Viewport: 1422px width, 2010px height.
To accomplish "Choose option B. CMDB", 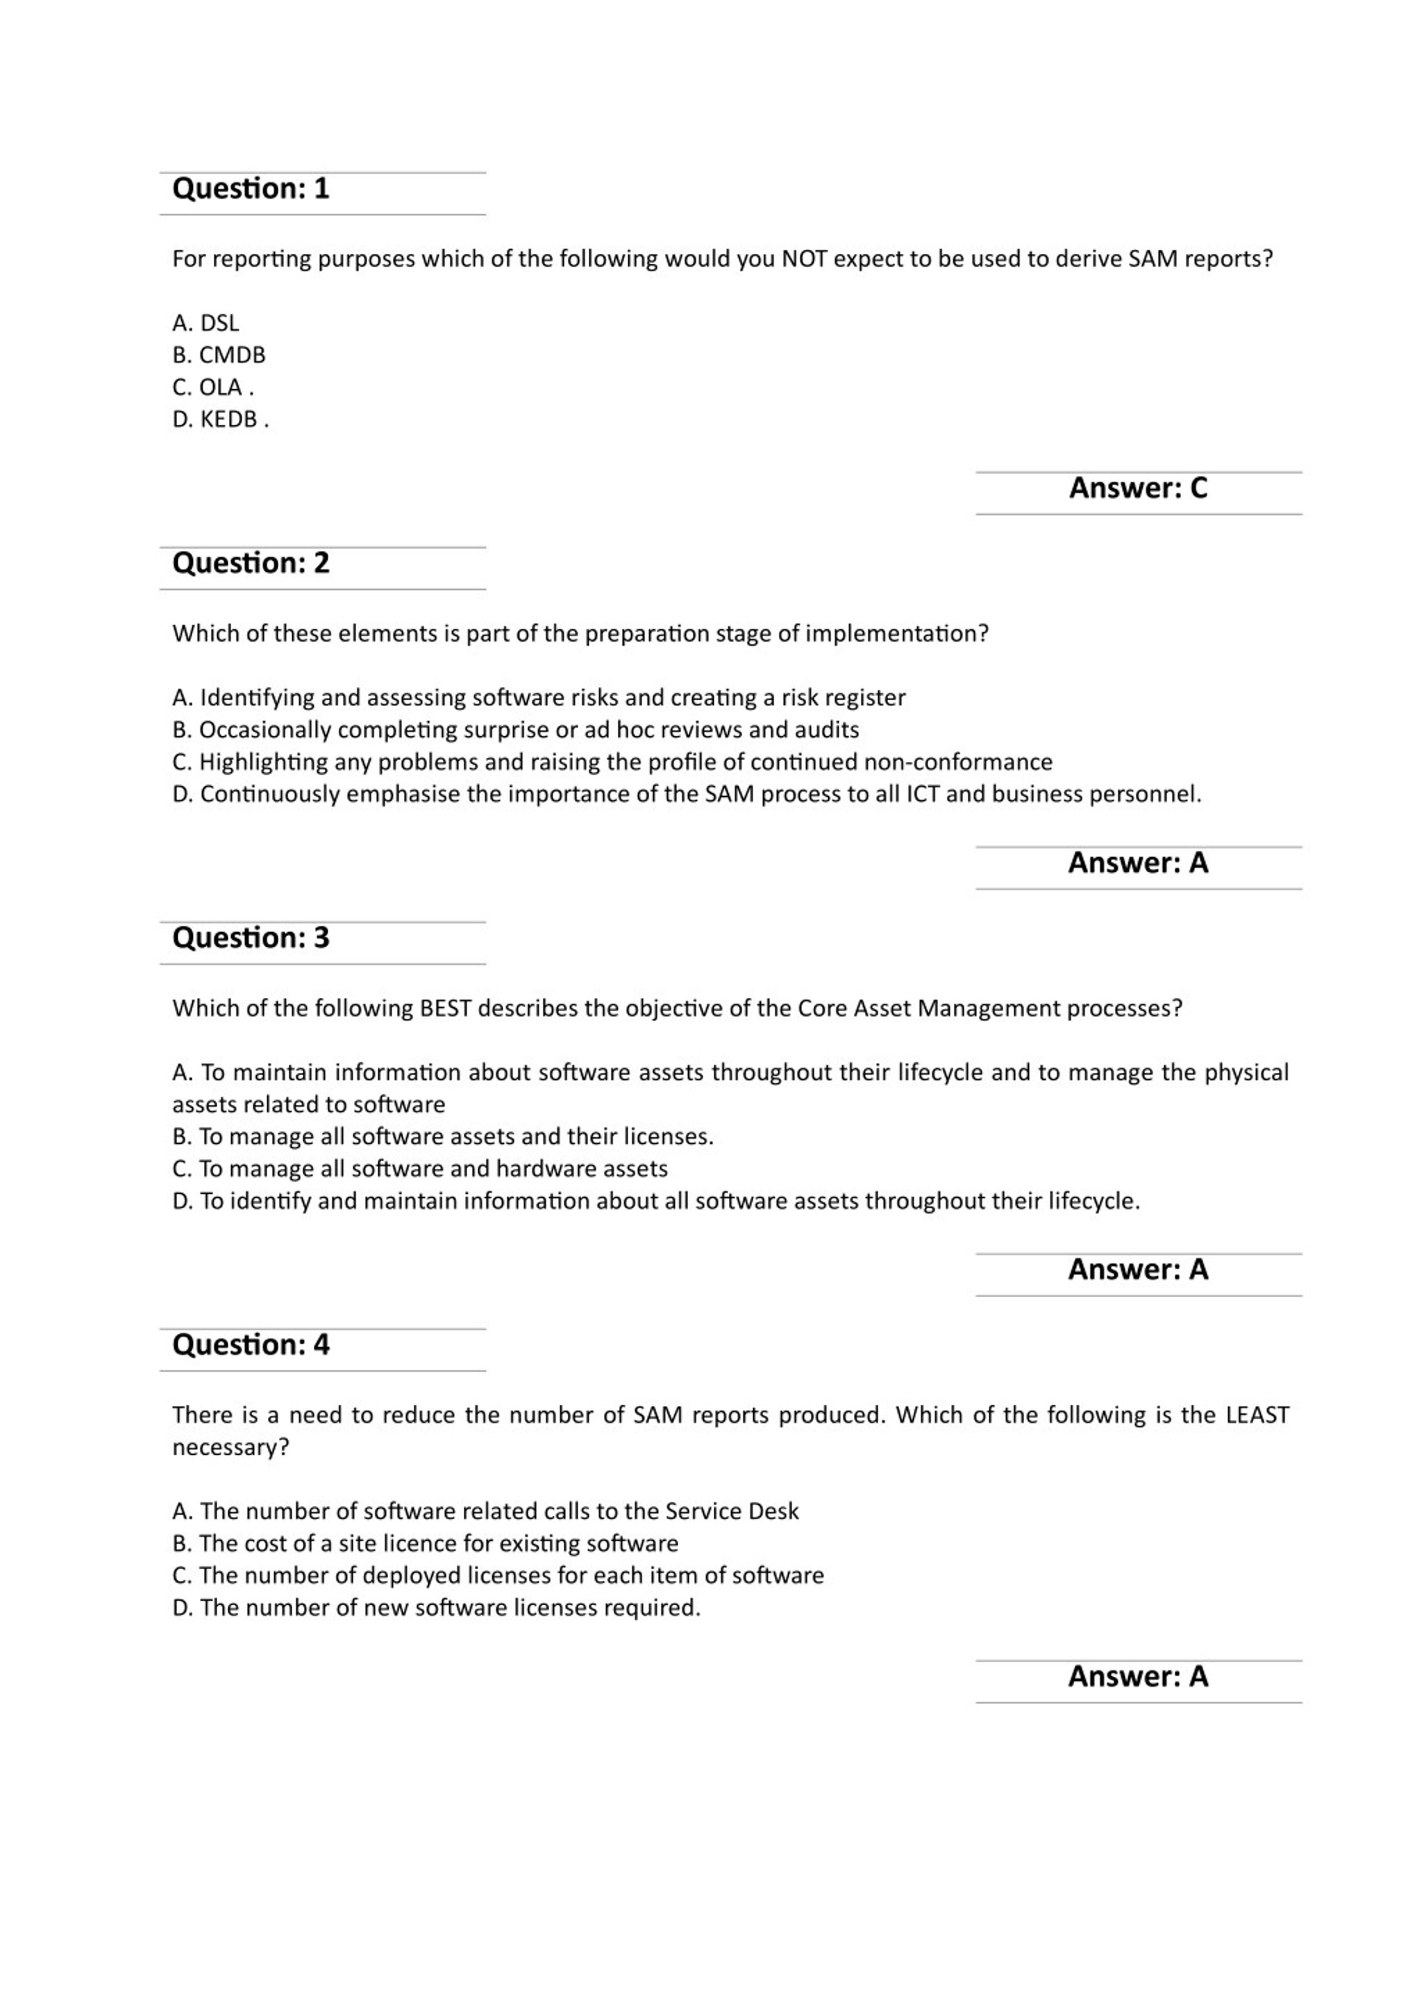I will tap(219, 355).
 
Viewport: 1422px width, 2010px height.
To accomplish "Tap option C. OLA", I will tap(213, 387).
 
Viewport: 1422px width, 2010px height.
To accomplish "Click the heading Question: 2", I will tap(251, 564).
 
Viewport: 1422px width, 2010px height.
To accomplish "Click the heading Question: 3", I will tap(251, 938).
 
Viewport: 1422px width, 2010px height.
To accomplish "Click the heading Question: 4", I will tap(251, 1345).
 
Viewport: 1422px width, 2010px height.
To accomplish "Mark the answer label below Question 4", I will tap(1138, 1676).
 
